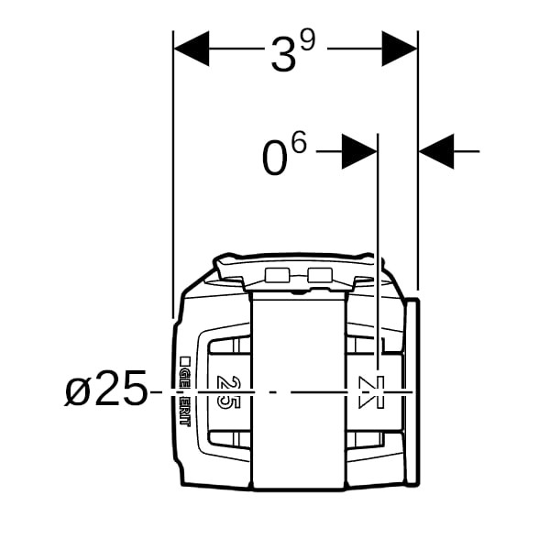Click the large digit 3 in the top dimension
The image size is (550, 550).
[x=284, y=55]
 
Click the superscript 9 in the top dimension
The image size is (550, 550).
[x=308, y=41]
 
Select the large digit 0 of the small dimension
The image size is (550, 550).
[x=273, y=158]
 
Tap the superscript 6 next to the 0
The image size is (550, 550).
[x=299, y=142]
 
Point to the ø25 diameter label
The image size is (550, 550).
[x=105, y=389]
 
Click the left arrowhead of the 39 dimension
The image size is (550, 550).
[x=192, y=49]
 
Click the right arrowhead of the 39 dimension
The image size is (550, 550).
[x=400, y=49]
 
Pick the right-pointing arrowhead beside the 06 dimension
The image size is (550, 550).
[x=359, y=151]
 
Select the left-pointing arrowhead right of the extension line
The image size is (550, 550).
[x=436, y=151]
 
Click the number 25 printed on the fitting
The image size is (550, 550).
[x=228, y=392]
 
